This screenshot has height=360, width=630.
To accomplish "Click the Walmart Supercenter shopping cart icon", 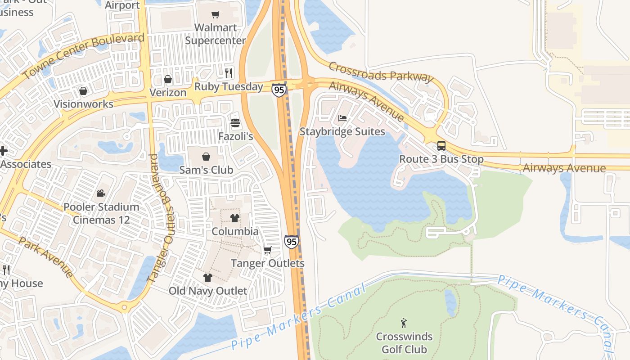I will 216,15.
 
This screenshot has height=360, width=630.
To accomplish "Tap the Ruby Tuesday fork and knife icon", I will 229,73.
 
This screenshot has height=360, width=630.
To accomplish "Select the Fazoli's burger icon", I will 235,123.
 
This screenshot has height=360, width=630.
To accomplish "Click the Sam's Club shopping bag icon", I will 206,157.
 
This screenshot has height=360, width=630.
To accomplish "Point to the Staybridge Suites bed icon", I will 342,118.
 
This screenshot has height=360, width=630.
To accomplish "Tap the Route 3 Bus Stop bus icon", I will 441,146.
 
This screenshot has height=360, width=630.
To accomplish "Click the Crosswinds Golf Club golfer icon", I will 404,323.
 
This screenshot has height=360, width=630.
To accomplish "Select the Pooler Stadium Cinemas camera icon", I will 101,193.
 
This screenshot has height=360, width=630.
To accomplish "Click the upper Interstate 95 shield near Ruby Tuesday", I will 279,90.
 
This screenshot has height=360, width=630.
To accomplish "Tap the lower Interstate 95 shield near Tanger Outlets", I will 292,242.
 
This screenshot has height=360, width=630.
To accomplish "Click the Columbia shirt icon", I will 234,218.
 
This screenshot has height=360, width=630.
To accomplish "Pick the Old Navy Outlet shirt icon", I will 207,277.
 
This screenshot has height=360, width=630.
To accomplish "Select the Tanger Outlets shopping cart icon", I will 268,250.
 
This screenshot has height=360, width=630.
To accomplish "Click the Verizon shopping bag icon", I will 168,79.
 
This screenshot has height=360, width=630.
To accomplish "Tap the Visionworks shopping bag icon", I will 83,91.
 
